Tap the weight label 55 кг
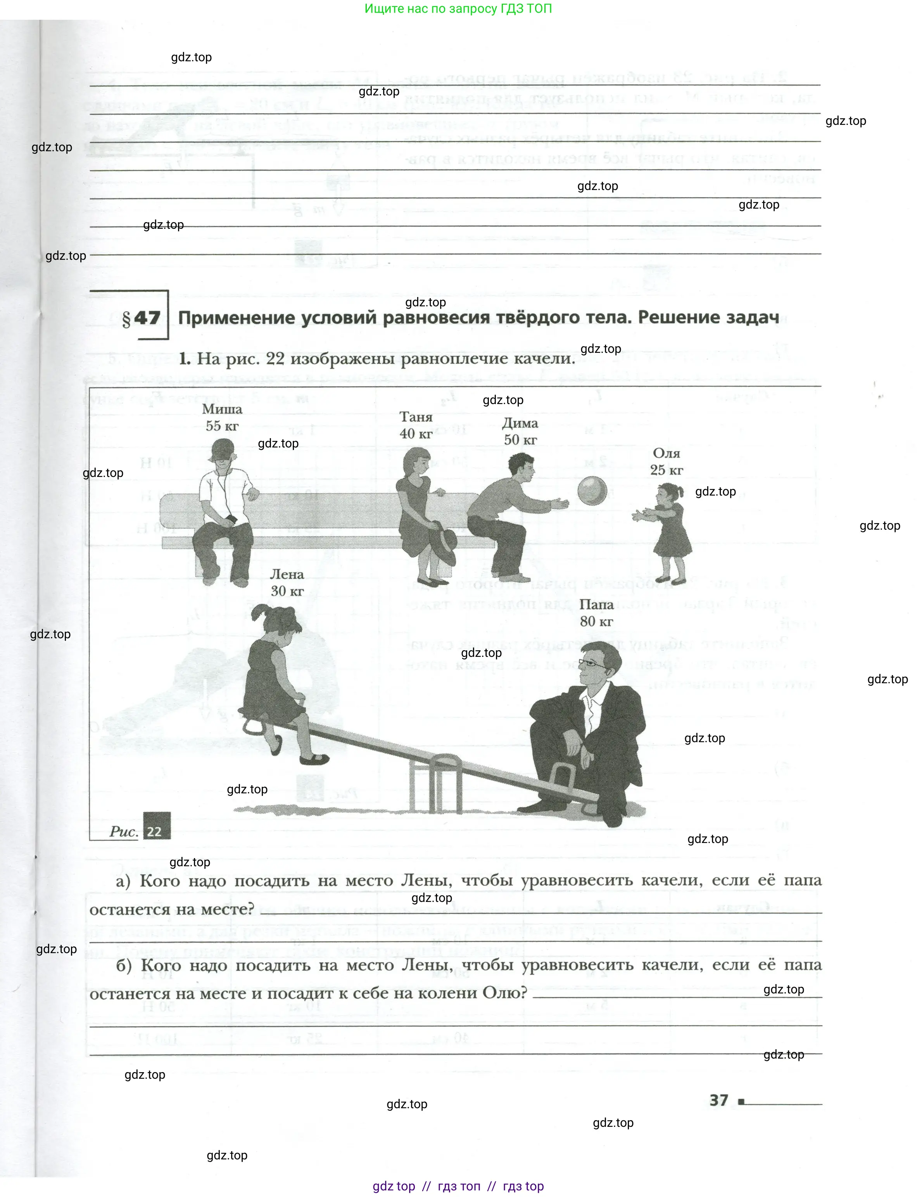click(222, 426)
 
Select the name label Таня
click(416, 417)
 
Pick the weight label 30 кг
click(287, 591)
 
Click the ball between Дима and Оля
click(592, 491)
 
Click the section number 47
click(147, 318)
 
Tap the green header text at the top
click(458, 9)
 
